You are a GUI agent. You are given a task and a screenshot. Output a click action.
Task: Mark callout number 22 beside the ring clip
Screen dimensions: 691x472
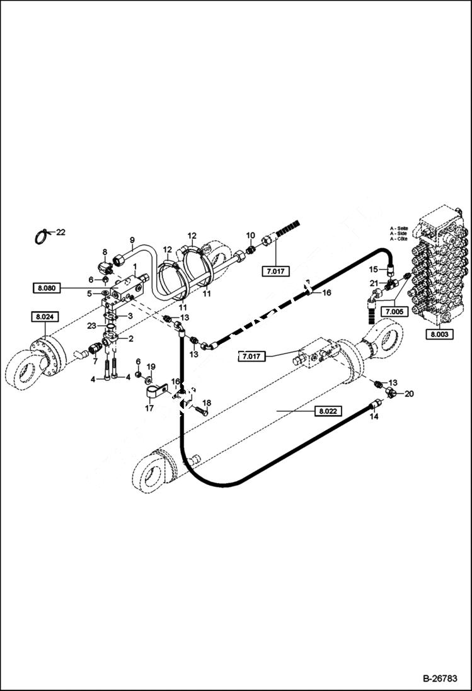tap(60, 232)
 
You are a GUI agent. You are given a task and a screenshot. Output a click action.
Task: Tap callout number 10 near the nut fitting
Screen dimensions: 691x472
tap(250, 236)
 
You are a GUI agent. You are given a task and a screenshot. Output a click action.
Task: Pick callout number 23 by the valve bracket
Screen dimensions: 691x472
tap(92, 326)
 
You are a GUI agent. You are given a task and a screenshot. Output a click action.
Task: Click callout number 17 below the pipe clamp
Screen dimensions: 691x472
tap(149, 408)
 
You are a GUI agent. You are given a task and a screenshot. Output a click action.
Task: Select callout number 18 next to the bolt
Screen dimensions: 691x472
tap(206, 403)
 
